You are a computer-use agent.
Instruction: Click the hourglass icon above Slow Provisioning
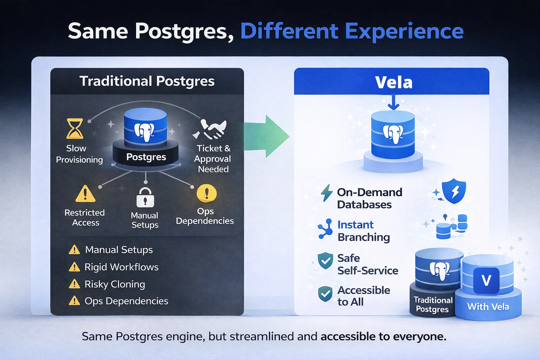coord(75,129)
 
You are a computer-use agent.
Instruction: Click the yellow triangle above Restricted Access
coord(85,194)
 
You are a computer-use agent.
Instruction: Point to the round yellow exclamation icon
coord(206,193)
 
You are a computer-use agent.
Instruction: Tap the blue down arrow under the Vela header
coord(393,102)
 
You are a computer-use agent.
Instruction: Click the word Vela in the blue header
coord(393,82)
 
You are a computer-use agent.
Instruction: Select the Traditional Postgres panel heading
coord(147,81)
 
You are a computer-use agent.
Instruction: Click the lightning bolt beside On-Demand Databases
coord(327,193)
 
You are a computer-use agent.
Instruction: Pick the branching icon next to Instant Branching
coord(326,229)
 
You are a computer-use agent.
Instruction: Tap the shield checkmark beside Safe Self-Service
coord(325,261)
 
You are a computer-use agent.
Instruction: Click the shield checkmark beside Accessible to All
coord(325,294)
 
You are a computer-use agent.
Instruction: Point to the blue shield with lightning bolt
coord(454,192)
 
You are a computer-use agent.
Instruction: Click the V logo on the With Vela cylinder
coord(486,281)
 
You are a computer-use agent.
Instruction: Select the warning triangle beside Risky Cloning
coord(75,284)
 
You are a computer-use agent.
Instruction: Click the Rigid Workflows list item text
coord(121,267)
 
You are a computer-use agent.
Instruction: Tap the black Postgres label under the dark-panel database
coord(146,157)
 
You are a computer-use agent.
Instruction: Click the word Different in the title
coord(289,31)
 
